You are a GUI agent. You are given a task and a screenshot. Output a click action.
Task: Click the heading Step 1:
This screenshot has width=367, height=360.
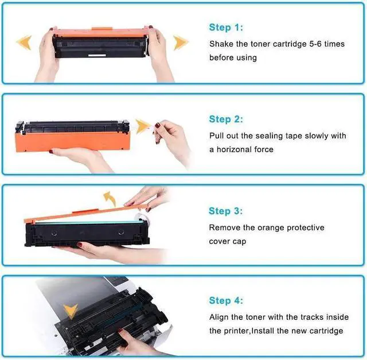(227, 28)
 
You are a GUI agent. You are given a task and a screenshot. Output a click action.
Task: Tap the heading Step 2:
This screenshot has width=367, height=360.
(227, 119)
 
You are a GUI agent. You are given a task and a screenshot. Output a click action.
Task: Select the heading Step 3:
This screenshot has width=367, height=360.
(227, 211)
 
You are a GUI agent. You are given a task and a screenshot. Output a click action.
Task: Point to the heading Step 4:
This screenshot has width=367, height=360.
(227, 301)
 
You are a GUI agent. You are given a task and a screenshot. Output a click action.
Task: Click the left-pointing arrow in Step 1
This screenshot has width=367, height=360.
(24, 42)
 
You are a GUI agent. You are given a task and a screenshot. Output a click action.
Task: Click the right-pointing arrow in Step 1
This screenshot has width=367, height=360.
(181, 42)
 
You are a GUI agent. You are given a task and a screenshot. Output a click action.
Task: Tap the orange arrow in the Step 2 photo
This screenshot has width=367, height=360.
(142, 126)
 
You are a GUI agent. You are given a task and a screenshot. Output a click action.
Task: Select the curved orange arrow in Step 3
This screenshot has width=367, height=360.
(109, 199)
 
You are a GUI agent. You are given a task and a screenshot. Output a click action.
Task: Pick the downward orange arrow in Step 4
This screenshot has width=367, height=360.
(71, 311)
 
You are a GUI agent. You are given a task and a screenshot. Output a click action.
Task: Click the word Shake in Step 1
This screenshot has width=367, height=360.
(221, 44)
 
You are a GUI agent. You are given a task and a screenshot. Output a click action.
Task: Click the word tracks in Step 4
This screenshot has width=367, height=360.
(309, 317)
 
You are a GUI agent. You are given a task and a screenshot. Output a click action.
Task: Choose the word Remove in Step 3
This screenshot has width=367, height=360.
(224, 228)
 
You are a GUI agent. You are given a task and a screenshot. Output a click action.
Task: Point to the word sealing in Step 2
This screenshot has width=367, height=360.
(272, 136)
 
